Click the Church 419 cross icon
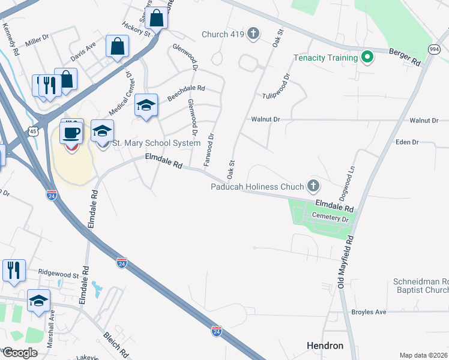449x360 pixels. [253, 34]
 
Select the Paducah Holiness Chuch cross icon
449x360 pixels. [313, 186]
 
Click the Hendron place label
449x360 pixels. [325, 346]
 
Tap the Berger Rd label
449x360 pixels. [405, 58]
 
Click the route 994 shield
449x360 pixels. [435, 49]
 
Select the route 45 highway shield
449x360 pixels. [32, 131]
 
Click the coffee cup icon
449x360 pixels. [71, 131]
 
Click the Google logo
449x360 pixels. [19, 353]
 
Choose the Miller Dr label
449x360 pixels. [37, 43]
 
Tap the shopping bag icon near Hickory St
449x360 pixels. [156, 19]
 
